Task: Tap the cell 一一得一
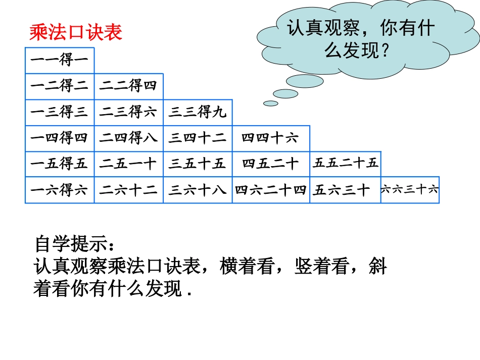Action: point(60,61)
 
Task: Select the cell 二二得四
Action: point(128,86)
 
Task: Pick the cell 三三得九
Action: point(198,112)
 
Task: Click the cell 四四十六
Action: point(270,138)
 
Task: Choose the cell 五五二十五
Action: point(345,163)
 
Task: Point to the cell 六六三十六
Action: point(410,190)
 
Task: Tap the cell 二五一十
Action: point(128,164)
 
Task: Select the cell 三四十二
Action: point(198,138)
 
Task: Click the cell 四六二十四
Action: point(271,190)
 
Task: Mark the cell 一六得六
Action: point(60,190)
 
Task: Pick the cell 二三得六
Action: point(128,112)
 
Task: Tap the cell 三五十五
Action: point(198,164)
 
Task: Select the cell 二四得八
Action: point(128,138)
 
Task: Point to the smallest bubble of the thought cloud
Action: point(271,104)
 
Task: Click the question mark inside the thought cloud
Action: point(385,49)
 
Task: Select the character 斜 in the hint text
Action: point(377,266)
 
